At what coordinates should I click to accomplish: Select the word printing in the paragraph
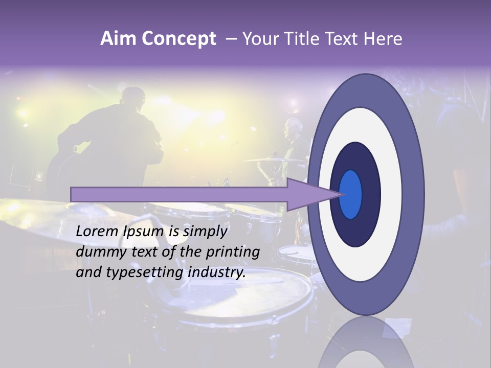tap(233, 252)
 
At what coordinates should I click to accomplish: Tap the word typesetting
tap(145, 272)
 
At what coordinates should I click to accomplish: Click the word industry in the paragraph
tap(217, 272)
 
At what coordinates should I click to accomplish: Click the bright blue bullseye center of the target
tap(350, 194)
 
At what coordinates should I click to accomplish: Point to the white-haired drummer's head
tap(294, 127)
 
